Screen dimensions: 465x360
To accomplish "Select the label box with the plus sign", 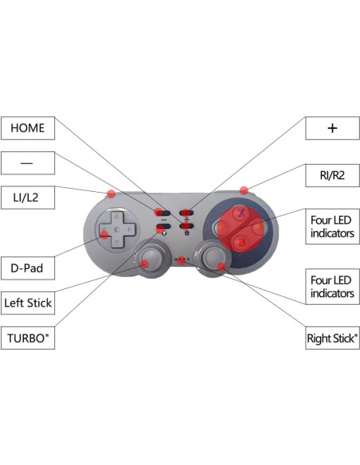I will tap(332, 127).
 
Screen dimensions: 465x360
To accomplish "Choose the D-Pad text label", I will tap(27, 268).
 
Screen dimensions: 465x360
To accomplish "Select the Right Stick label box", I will tap(332, 338).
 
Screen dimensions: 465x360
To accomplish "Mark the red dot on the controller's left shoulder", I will tap(112, 193).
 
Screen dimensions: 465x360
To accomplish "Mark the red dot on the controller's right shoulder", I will tap(245, 190).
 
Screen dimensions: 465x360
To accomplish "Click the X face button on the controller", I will tap(237, 213).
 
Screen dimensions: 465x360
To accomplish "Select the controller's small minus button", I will tap(163, 213).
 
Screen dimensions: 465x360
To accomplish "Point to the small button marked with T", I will tap(163, 229).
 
